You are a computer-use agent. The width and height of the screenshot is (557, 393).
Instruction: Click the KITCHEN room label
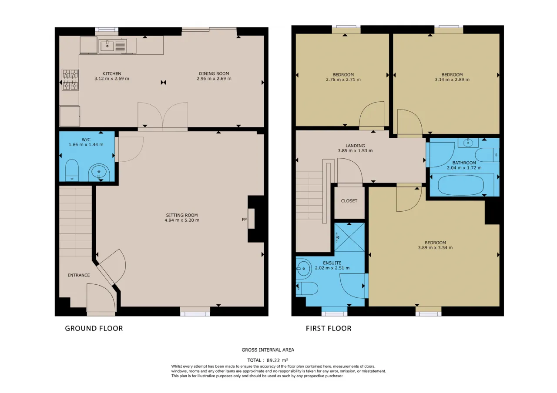pyautogui.click(x=112, y=73)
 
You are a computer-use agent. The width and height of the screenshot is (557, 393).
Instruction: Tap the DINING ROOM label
pyautogui.click(x=214, y=73)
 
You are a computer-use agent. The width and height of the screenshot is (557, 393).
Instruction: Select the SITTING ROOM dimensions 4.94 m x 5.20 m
pyautogui.click(x=182, y=220)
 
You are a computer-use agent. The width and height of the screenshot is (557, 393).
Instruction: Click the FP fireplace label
pyautogui.click(x=244, y=220)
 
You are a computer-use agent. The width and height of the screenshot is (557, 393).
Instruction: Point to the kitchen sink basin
pyautogui.click(x=107, y=46)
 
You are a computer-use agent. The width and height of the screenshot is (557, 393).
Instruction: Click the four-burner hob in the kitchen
pyautogui.click(x=70, y=80)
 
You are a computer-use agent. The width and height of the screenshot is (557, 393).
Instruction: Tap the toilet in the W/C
pyautogui.click(x=72, y=170)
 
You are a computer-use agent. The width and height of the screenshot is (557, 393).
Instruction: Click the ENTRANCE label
pyautogui.click(x=79, y=275)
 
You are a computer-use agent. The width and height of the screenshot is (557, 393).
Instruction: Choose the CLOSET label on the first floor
pyautogui.click(x=349, y=201)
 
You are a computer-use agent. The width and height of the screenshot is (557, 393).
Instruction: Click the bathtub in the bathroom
pyautogui.click(x=461, y=185)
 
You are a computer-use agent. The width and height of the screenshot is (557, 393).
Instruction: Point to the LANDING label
pyautogui.click(x=355, y=146)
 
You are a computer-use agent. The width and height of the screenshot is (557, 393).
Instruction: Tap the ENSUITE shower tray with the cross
pyautogui.click(x=349, y=237)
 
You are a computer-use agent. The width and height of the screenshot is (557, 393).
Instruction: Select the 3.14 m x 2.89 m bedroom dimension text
pyautogui.click(x=452, y=80)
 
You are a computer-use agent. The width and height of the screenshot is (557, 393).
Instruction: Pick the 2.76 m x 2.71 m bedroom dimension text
pyautogui.click(x=343, y=80)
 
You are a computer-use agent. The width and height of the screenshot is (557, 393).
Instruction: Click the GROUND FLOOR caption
pyautogui.click(x=94, y=328)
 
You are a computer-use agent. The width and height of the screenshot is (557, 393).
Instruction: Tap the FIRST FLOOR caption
pyautogui.click(x=329, y=328)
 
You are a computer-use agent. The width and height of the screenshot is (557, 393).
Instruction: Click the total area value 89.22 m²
pyautogui.click(x=278, y=360)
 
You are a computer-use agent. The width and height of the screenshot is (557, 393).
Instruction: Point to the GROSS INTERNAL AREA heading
pyautogui.click(x=268, y=350)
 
